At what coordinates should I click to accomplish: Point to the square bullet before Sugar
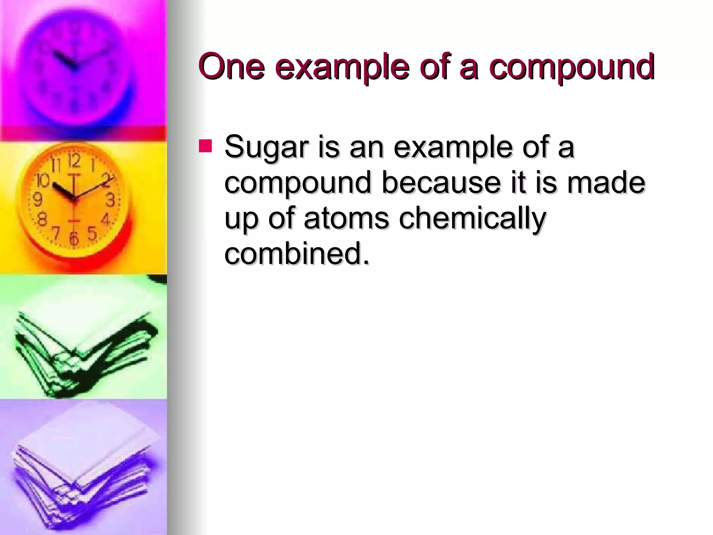click(205, 146)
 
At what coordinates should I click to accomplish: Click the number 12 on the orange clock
click(74, 161)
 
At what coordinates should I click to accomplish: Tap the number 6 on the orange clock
click(74, 239)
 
